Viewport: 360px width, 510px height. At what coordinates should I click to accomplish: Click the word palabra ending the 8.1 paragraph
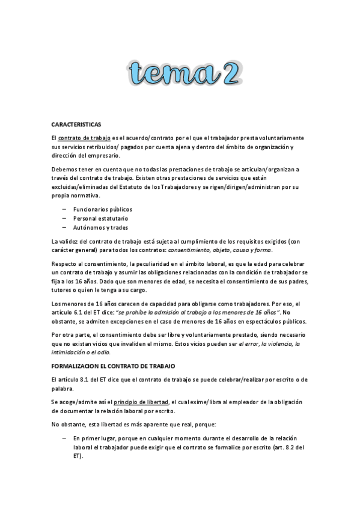pos(63,389)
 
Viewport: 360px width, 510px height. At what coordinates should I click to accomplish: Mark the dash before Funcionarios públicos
pos(64,209)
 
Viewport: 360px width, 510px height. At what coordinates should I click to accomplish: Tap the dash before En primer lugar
pos(64,439)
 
